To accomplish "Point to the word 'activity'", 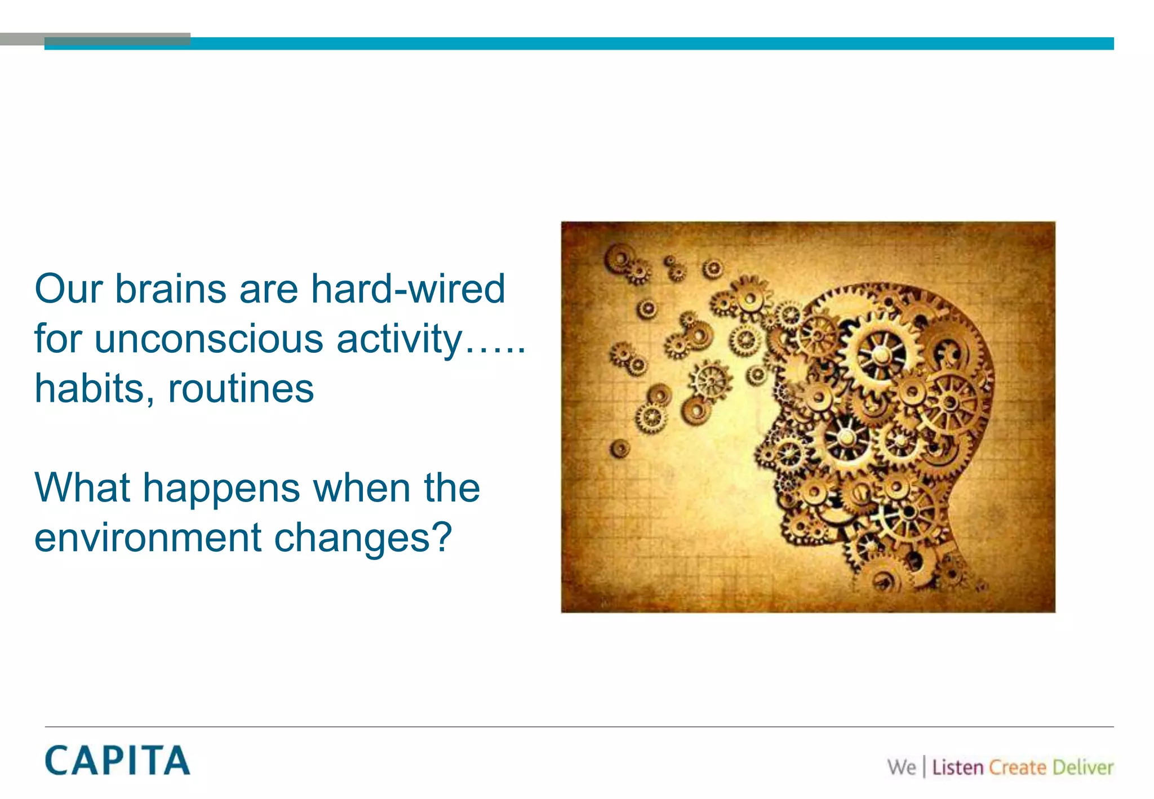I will coord(399,339).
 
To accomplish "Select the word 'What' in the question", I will coord(82,488).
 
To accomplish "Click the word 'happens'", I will coord(221,489).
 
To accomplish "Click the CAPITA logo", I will coord(117,761).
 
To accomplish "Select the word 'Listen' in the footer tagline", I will coord(957,767).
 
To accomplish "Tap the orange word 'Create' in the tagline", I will coord(1018,767).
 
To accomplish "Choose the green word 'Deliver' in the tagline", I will coord(1083,767).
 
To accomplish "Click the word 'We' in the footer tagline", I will coord(902,767).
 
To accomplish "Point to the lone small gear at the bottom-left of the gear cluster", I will coord(620,449).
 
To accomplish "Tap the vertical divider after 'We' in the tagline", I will coord(924,767).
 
